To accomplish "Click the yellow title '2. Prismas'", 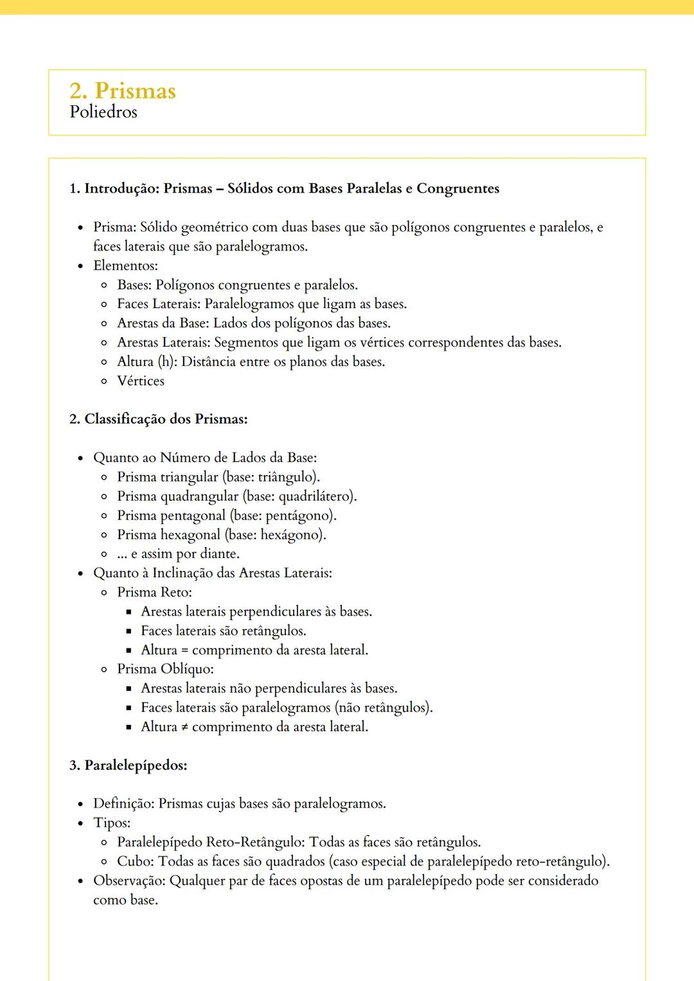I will [122, 91].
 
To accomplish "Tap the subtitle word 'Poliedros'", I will [103, 112].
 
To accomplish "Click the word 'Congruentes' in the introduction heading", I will [458, 189].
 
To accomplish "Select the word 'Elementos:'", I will [125, 266].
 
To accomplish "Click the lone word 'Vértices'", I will [141, 381].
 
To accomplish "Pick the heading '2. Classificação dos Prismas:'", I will [158, 419].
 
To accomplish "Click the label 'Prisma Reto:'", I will [154, 593].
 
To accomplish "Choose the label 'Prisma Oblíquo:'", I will [165, 669].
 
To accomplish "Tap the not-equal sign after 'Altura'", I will [184, 727].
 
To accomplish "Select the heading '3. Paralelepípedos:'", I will [128, 765].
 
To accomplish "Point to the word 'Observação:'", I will [129, 881].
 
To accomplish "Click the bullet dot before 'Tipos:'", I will [80, 824].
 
